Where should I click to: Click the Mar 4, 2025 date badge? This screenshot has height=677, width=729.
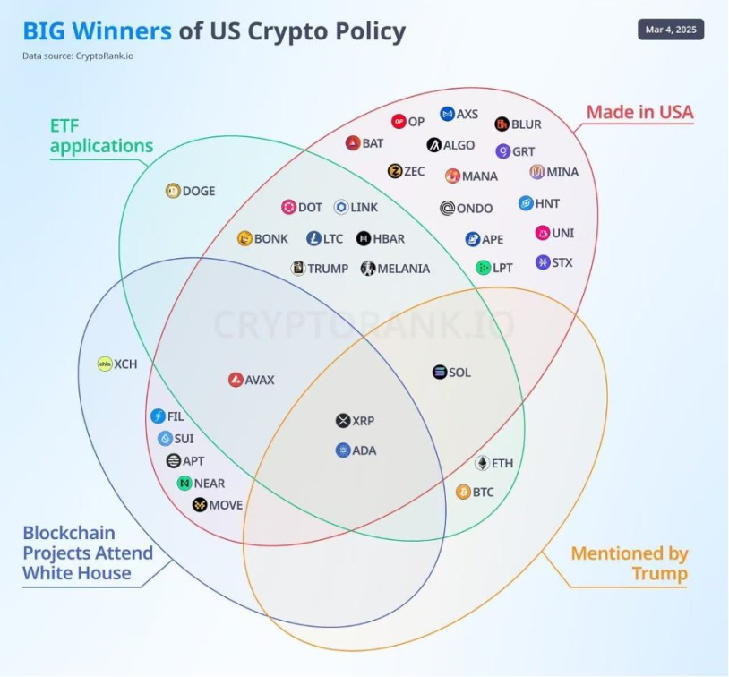coord(671,30)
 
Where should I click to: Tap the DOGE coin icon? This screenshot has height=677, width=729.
coord(174,190)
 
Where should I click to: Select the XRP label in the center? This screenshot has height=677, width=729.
coord(364,421)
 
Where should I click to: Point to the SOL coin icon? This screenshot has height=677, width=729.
coord(439,373)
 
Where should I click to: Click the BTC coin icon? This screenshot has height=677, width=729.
coord(464,492)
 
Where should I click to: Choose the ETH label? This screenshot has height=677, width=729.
coord(502,464)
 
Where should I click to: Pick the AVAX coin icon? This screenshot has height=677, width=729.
coord(236,380)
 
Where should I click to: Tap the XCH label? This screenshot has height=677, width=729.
coord(125,364)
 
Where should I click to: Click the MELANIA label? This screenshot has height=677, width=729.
coord(403,268)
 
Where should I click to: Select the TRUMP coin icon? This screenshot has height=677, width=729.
coord(297,268)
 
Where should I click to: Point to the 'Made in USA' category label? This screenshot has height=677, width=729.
coord(639,112)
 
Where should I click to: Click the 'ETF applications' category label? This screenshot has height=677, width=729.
coord(101,135)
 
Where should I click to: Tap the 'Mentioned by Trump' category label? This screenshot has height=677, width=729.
coord(629,563)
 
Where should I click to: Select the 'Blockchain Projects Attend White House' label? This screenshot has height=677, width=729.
coord(88,553)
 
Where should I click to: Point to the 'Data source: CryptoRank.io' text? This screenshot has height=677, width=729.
coord(73,56)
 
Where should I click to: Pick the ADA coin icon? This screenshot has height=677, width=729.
coord(343,450)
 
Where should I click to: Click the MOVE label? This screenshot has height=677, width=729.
coord(226,505)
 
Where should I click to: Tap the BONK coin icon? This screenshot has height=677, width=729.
coord(244,238)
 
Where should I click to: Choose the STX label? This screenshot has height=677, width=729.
coord(562,262)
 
